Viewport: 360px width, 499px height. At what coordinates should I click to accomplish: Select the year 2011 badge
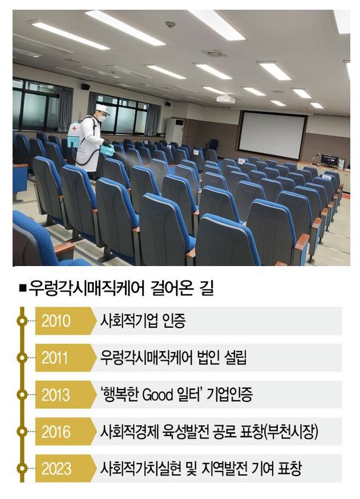click(x=56, y=358)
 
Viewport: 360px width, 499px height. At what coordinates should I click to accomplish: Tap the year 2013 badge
click(x=56, y=395)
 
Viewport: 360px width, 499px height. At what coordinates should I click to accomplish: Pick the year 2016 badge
click(x=56, y=432)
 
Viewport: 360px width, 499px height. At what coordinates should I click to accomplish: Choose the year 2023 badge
click(x=56, y=469)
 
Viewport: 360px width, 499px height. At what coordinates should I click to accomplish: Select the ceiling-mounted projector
click(x=225, y=99)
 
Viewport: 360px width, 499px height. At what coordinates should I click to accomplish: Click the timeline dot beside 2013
click(x=22, y=395)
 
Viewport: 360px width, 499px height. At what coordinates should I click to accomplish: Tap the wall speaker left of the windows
click(x=85, y=87)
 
